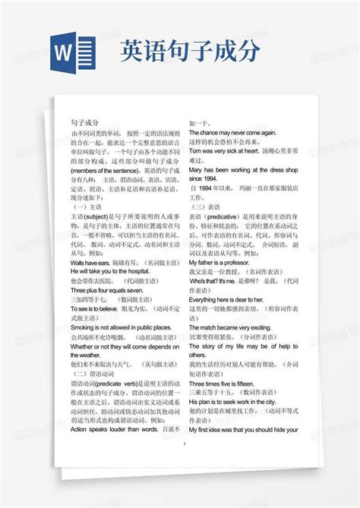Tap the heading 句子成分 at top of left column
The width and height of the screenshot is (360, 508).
(84, 121)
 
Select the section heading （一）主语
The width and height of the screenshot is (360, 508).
(86, 206)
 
